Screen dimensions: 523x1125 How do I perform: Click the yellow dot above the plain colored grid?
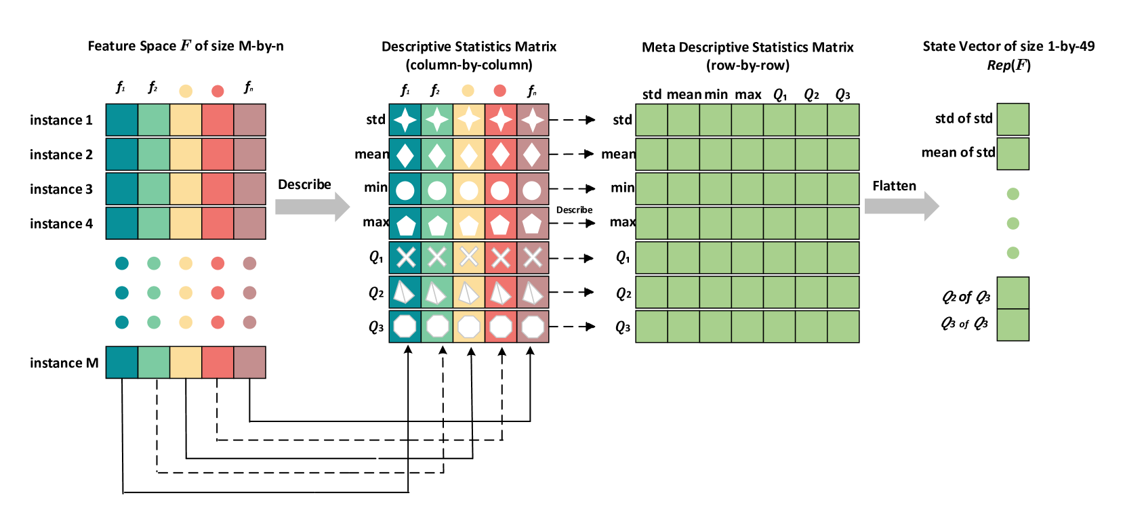(x=186, y=91)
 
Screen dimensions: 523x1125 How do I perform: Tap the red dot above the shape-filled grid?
(x=499, y=91)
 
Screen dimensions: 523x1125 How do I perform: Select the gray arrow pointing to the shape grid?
(x=312, y=207)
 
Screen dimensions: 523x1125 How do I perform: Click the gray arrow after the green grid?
(x=901, y=206)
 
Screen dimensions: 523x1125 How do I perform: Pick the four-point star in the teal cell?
(x=405, y=120)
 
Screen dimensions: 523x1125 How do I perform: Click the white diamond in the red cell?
(x=500, y=155)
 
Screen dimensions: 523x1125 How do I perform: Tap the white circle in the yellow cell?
(x=469, y=190)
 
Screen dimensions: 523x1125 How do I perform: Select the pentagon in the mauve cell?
(x=532, y=224)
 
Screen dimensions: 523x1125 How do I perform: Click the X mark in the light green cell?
(x=437, y=257)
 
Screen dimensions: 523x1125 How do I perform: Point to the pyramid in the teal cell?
(x=404, y=292)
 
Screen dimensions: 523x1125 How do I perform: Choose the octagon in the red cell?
(x=500, y=327)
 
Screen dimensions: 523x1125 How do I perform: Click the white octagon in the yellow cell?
(x=469, y=327)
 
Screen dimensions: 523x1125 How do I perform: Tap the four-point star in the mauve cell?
(x=532, y=120)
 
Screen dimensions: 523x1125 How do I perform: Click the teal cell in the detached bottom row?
(x=122, y=362)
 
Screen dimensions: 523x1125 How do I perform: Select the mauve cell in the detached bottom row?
(x=249, y=362)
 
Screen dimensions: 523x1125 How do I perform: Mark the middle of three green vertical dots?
(x=1012, y=223)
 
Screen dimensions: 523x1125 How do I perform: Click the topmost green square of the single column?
(x=1012, y=119)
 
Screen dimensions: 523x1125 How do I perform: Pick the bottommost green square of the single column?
(x=1012, y=325)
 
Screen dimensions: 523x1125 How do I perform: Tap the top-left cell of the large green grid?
(x=651, y=120)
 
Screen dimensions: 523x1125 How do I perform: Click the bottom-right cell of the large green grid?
(x=843, y=326)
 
